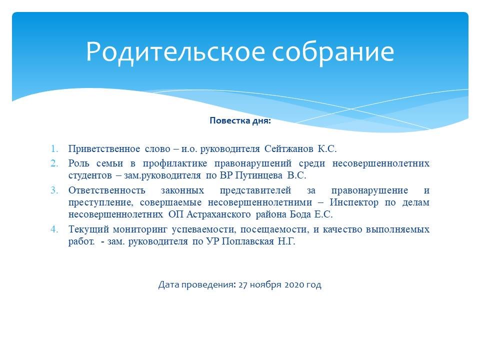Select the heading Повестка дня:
[x=240, y=120]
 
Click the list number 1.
[x=54, y=149]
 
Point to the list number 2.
[x=54, y=163]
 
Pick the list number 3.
[x=54, y=190]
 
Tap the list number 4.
[x=54, y=229]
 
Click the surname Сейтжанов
[x=288, y=149]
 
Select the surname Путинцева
[x=258, y=175]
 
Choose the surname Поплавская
[x=247, y=241]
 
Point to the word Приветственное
[x=104, y=149]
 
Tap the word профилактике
[x=175, y=163]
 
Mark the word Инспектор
[x=354, y=202]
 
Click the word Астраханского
[x=218, y=214]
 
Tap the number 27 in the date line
[x=243, y=284]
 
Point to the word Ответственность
[x=106, y=190]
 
